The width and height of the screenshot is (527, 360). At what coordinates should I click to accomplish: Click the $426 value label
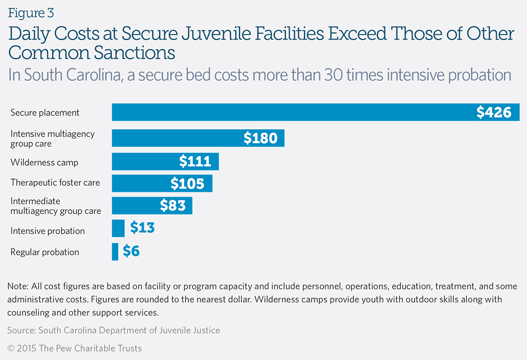(493, 112)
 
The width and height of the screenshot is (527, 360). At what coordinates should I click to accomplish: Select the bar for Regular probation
(115, 252)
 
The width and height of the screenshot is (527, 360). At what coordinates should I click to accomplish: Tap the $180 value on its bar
(260, 138)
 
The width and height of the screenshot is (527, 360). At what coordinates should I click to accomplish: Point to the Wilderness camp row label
(44, 162)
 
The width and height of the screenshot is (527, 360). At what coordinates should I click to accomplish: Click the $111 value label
(195, 161)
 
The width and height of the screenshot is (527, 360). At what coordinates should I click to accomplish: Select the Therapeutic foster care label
(55, 183)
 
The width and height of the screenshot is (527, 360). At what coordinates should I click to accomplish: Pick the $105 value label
(187, 184)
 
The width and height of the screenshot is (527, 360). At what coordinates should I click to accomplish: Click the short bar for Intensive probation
(118, 228)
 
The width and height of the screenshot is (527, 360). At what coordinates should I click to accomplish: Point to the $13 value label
(142, 228)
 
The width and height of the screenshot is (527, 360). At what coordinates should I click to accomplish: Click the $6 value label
(131, 251)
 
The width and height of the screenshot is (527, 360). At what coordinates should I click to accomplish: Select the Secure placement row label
(45, 112)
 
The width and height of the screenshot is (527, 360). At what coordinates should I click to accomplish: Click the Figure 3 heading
(31, 12)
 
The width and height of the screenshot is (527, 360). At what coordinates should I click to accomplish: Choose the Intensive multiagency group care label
(52, 138)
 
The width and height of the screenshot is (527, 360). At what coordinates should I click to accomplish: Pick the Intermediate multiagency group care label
(55, 206)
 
